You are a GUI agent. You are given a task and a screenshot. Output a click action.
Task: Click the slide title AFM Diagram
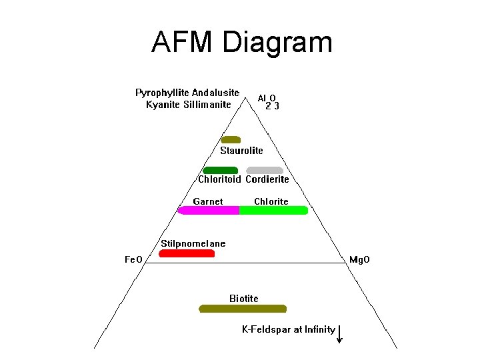tap(241, 42)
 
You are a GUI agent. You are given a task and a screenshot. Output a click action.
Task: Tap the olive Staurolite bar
tap(231, 140)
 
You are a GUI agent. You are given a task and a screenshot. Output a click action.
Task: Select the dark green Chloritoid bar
tap(221, 170)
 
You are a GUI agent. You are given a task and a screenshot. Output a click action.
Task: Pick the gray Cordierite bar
tap(265, 170)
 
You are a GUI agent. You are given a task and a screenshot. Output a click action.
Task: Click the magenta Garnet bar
tap(209, 211)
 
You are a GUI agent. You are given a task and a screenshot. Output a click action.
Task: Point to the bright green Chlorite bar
tap(273, 211)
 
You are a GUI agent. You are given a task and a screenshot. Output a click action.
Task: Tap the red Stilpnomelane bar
tap(187, 253)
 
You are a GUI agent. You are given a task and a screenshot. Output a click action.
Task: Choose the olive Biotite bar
tap(243, 309)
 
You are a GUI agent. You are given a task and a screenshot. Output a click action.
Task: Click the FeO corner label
tap(134, 259)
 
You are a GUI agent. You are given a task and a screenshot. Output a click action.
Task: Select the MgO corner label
tap(359, 259)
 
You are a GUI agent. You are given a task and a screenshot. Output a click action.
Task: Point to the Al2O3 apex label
tap(269, 101)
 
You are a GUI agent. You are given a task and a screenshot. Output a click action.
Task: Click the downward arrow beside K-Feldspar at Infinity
tap(340, 333)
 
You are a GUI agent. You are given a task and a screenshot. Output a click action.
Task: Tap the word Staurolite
tap(242, 151)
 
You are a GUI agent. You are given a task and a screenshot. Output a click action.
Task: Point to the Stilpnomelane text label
tap(193, 243)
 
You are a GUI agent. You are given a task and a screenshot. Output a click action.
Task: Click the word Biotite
tap(244, 298)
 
